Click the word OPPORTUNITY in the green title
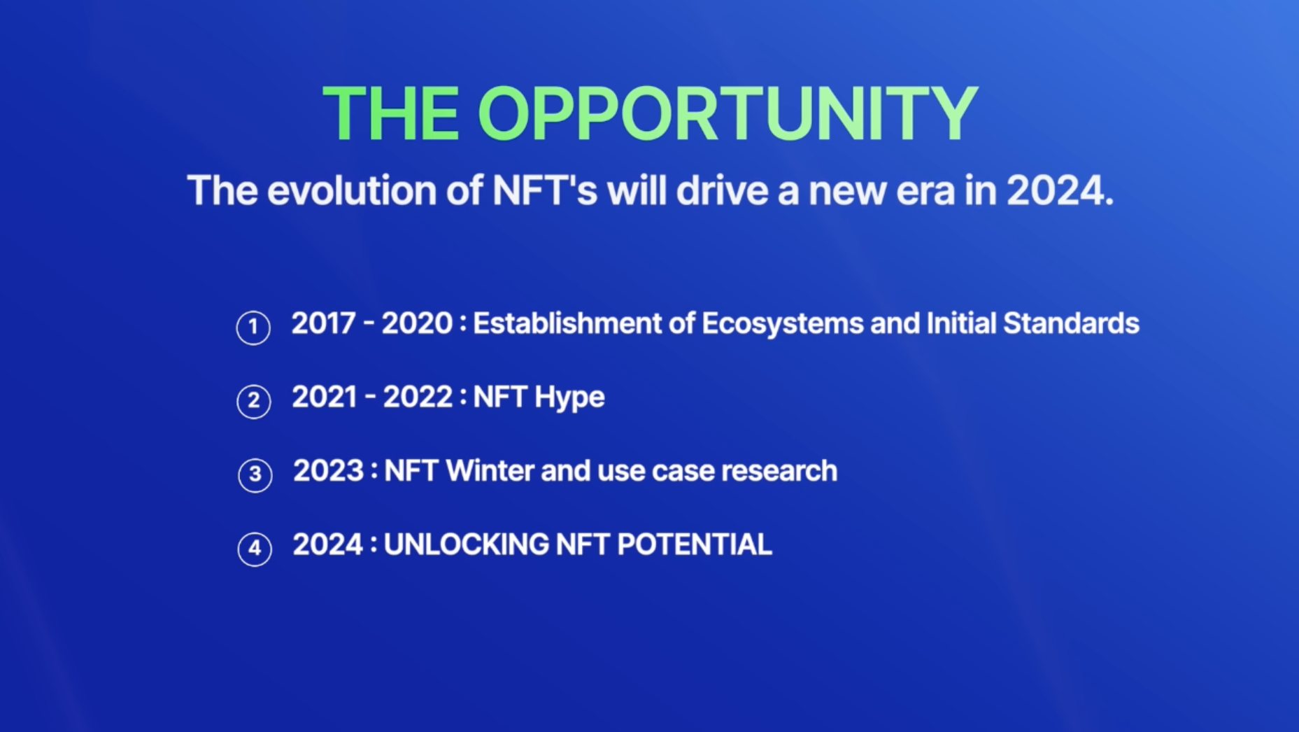click(x=727, y=113)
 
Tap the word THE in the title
click(x=391, y=113)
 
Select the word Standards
click(x=1071, y=323)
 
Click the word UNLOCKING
click(x=467, y=544)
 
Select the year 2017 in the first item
click(x=324, y=323)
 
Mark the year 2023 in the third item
click(x=329, y=471)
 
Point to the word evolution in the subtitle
click(x=352, y=190)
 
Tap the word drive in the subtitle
click(x=723, y=190)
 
